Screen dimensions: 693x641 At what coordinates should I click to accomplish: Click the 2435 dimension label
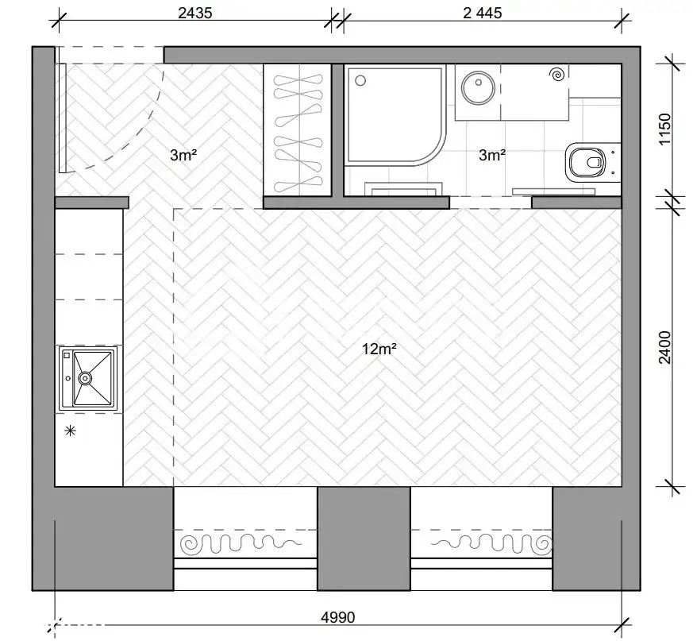(x=195, y=13)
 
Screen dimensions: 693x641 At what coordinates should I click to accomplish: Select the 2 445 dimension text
(x=482, y=13)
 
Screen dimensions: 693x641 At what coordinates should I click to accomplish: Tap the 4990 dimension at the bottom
(x=337, y=617)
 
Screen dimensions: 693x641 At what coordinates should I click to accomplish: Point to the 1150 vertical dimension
(x=664, y=129)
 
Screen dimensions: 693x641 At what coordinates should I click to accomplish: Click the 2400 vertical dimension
(x=664, y=347)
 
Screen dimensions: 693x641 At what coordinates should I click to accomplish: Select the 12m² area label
(x=379, y=349)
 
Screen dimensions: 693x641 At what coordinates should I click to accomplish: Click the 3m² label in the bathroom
(x=492, y=155)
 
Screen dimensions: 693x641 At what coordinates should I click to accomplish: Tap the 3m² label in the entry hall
(x=183, y=155)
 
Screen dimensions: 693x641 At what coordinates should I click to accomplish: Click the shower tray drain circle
(x=360, y=80)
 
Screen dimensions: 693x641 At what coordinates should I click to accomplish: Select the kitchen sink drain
(x=85, y=378)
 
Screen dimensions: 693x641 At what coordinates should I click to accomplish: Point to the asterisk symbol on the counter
(x=71, y=431)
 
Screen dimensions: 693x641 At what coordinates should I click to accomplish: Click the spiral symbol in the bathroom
(x=558, y=75)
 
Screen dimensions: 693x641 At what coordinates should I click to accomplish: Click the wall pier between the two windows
(x=364, y=539)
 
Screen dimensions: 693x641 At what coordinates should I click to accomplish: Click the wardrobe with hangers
(x=298, y=130)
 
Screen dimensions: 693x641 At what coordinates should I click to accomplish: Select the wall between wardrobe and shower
(x=337, y=130)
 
